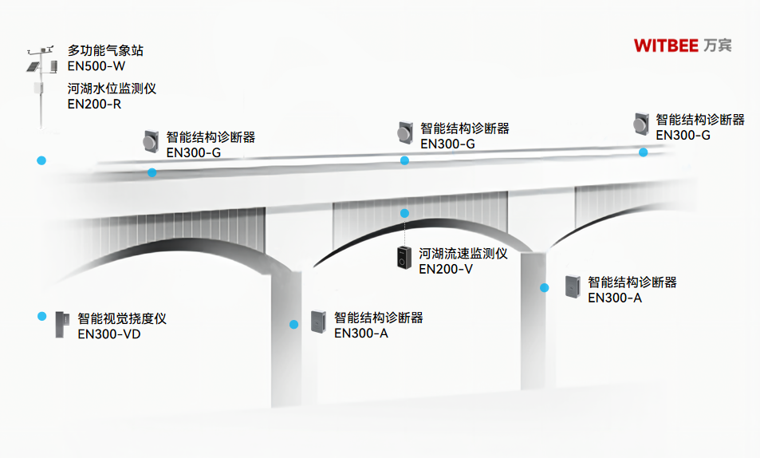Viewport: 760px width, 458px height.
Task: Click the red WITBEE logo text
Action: click(x=667, y=45)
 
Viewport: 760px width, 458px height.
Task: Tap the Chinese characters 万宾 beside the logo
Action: click(x=718, y=45)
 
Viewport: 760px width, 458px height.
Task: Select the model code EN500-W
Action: click(x=96, y=66)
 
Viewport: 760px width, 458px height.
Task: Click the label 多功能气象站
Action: click(x=105, y=51)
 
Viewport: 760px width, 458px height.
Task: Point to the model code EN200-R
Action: click(x=94, y=104)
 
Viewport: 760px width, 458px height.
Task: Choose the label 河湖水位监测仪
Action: click(x=112, y=89)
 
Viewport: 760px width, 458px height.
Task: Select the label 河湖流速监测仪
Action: click(x=463, y=255)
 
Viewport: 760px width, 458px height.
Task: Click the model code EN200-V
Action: click(x=446, y=270)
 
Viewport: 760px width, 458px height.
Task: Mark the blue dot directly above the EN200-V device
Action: click(x=404, y=213)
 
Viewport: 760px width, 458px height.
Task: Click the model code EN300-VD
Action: click(x=109, y=334)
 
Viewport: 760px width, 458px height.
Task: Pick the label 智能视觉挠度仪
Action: click(x=122, y=318)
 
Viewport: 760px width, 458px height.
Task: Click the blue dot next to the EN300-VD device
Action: click(x=41, y=316)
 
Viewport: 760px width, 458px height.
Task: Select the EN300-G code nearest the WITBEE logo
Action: click(x=683, y=136)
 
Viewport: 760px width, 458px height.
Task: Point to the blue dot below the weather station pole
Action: click(x=41, y=160)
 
